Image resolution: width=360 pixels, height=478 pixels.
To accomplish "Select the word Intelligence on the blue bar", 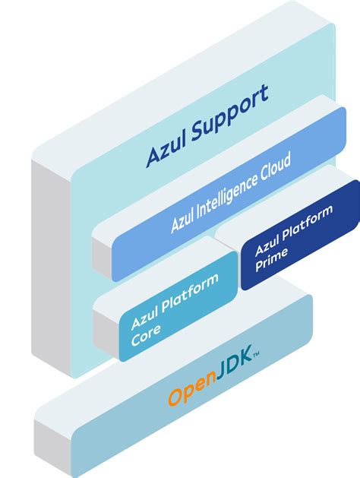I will click(x=221, y=198).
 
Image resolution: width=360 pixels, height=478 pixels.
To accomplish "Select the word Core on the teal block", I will click(x=146, y=336).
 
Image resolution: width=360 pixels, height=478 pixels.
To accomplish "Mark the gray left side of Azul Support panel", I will click(x=50, y=266).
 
